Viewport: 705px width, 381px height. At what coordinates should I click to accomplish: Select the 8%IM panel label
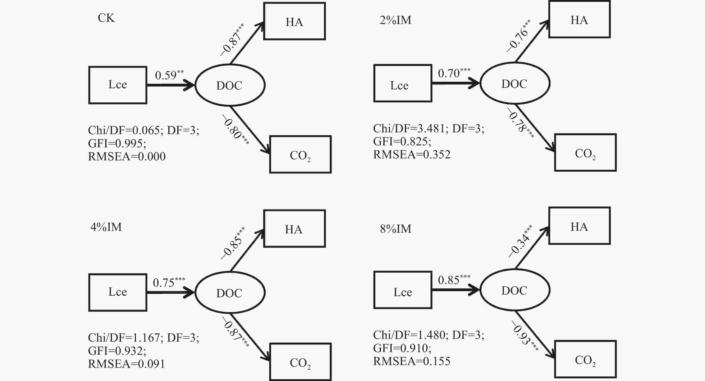(x=396, y=229)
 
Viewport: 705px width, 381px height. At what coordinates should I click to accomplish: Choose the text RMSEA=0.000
(x=127, y=156)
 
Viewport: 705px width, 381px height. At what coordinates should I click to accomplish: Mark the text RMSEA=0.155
(x=412, y=361)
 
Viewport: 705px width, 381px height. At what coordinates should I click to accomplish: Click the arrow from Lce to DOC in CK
(x=171, y=85)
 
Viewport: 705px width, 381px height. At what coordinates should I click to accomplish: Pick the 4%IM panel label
(x=106, y=227)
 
